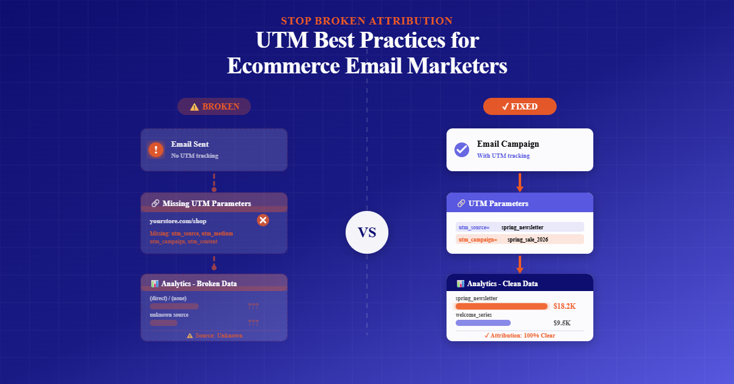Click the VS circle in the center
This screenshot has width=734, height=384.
pos(367,232)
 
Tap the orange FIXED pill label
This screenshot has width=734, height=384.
pos(519,106)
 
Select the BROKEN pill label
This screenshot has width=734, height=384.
pos(213,106)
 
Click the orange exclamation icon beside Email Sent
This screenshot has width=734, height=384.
pos(156,150)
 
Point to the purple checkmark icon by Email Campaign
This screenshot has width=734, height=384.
pos(462,150)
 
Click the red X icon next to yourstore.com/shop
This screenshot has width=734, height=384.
pos(263,220)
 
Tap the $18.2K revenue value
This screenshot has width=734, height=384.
pos(565,306)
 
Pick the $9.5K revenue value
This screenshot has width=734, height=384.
pos(562,323)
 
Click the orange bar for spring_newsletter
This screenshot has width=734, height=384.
pos(502,306)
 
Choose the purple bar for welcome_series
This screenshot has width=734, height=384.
pos(483,323)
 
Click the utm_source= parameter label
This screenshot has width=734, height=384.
pos(474,227)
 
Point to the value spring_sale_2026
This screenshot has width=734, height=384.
pos(527,240)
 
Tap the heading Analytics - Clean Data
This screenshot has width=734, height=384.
pos(502,284)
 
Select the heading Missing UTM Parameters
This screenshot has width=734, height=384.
pos(206,203)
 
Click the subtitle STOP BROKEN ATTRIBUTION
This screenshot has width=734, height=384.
pos(367,21)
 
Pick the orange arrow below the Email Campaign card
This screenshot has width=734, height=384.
pos(519,182)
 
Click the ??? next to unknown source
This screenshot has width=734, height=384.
pos(253,323)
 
